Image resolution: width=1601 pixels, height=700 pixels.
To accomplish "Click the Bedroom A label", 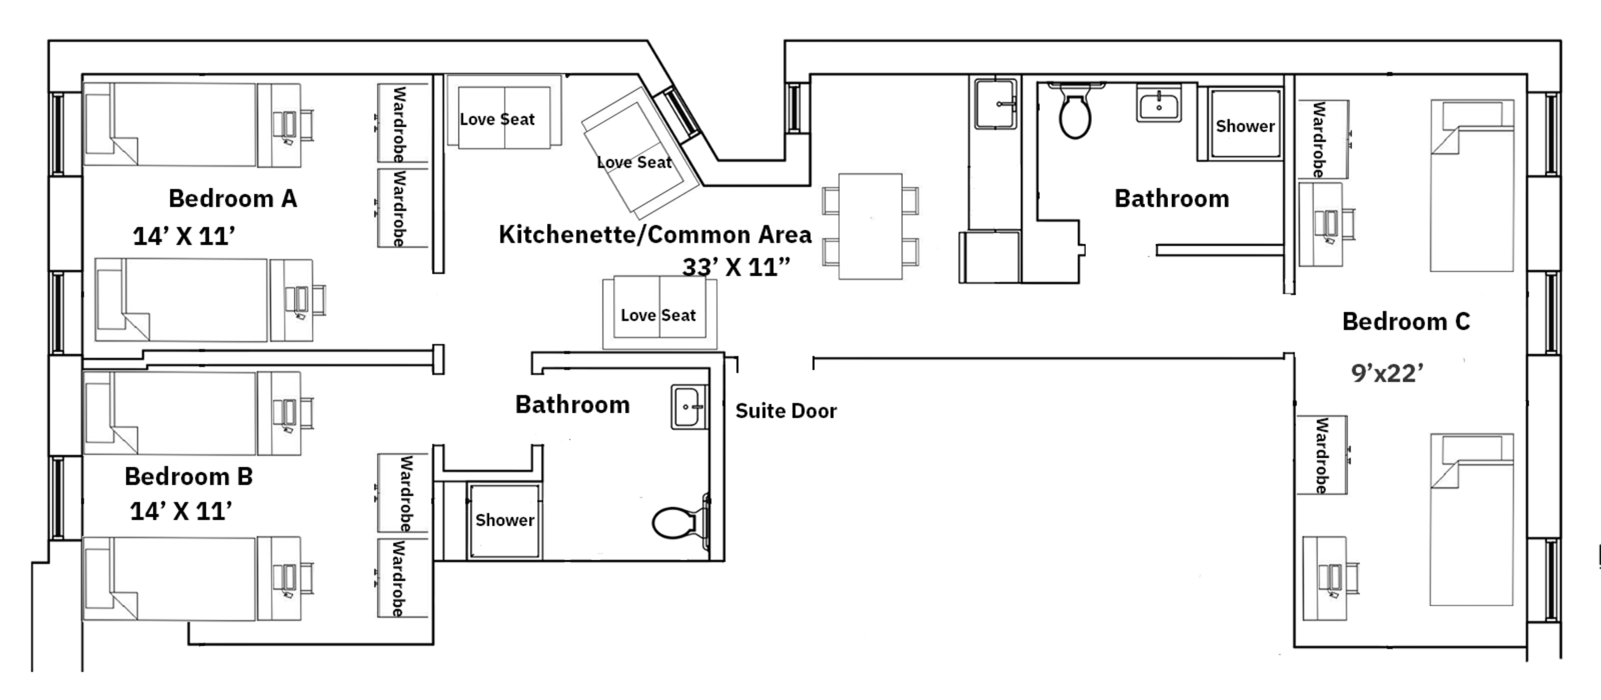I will (232, 199).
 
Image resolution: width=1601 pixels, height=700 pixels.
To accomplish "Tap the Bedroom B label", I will (189, 477).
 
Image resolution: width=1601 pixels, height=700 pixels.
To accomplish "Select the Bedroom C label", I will (1406, 322).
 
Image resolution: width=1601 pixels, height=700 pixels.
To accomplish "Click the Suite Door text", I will (786, 411).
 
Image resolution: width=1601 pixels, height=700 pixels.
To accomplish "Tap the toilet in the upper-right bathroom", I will (1075, 115).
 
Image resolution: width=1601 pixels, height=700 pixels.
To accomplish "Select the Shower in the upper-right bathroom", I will (1245, 125).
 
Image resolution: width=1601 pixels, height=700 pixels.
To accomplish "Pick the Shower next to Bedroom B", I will (504, 521).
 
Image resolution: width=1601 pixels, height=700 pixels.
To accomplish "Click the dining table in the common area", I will (870, 227).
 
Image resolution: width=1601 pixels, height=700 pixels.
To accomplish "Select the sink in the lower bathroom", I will (688, 407).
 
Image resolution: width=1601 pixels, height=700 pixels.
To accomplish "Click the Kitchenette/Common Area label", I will (655, 235).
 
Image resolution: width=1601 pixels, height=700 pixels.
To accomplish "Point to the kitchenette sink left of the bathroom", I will (996, 104).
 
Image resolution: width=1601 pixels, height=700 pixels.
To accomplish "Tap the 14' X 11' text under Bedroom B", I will (181, 511).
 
